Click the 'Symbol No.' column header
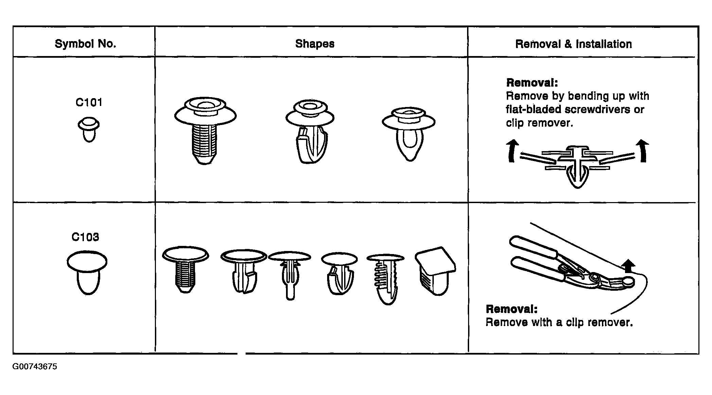[85, 44]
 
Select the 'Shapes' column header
[315, 44]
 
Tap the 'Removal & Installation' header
[574, 44]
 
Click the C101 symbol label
[89, 102]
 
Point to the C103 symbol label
[85, 237]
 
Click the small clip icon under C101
[89, 130]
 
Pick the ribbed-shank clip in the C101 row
[206, 131]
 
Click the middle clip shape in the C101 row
[310, 132]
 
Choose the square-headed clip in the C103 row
[435, 271]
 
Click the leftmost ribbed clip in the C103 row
[185, 270]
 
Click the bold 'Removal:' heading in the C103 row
[512, 309]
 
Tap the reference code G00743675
[35, 367]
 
